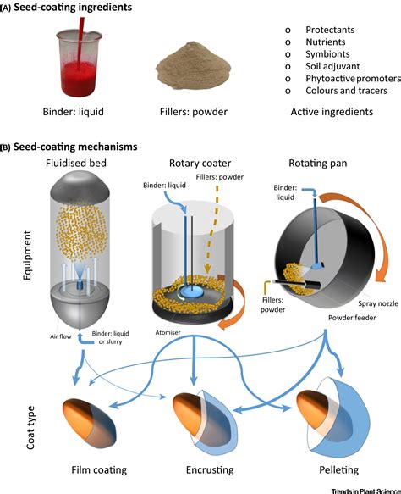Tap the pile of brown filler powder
coord(194,67)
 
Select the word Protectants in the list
coord(330,30)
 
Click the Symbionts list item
coord(327,54)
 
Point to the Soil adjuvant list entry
coord(332,66)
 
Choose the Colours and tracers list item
coord(346,91)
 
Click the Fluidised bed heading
coord(76,163)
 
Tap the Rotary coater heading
coord(200,164)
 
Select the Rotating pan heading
coord(317,164)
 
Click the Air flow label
coord(60,336)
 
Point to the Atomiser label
coord(168,332)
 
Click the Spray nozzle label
coord(378,303)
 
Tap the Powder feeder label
coord(352,318)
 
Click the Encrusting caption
coord(210,469)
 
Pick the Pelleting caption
coord(338,469)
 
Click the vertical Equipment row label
coord(27,256)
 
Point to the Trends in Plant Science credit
coord(366,491)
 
